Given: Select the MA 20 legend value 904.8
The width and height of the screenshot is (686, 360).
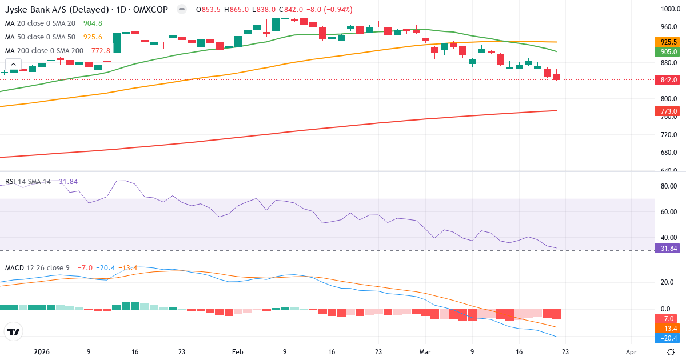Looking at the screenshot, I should pos(92,23).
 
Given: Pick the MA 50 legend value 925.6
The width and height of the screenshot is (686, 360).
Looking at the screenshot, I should pos(93,37).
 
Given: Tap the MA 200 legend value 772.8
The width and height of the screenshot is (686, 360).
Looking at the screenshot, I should pos(100,51).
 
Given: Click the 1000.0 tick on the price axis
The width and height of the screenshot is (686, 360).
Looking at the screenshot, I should pos(668,9).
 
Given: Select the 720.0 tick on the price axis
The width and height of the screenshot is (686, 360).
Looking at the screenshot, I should pos(668,135).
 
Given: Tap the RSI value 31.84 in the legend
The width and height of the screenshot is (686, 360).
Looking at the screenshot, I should pos(68,182).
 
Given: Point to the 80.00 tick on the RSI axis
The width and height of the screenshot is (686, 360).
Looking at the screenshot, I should pos(668,186).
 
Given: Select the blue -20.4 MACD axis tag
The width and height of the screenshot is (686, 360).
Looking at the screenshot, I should pos(668,338).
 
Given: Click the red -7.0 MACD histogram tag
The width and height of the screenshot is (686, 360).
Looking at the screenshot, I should pos(668,318).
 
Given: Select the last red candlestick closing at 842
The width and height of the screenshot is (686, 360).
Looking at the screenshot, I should pos(556,77).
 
